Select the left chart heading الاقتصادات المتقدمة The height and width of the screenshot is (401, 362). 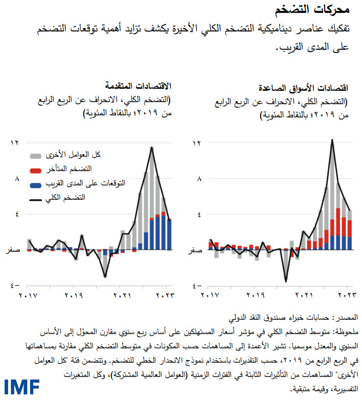(139, 85)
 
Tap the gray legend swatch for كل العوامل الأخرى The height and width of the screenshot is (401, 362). (35, 154)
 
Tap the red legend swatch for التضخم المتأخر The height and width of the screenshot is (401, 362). (35, 169)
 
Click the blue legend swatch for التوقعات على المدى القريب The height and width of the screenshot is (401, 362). (35, 183)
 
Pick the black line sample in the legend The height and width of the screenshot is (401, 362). (35, 197)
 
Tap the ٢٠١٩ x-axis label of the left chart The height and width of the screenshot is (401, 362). (74, 295)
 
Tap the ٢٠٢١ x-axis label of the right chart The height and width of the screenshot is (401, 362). (305, 295)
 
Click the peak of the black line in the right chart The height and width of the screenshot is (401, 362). (332, 139)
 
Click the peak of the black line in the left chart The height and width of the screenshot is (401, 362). (152, 148)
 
